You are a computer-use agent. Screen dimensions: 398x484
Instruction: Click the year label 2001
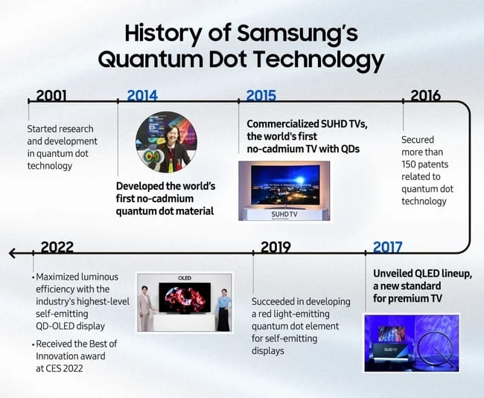51,95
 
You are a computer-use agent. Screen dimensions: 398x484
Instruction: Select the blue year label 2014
142,95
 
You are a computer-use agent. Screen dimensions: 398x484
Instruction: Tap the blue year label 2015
261,95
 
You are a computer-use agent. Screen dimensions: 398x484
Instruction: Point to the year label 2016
425,95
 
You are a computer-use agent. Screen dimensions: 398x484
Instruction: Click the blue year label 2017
388,247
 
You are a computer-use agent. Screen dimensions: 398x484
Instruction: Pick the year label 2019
276,247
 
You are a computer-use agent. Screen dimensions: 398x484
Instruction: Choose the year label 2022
57,247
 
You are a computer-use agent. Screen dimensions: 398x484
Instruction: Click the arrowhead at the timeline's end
12,253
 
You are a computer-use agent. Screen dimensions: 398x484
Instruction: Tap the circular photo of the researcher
165,142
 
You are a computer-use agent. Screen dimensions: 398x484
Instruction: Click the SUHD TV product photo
284,191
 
